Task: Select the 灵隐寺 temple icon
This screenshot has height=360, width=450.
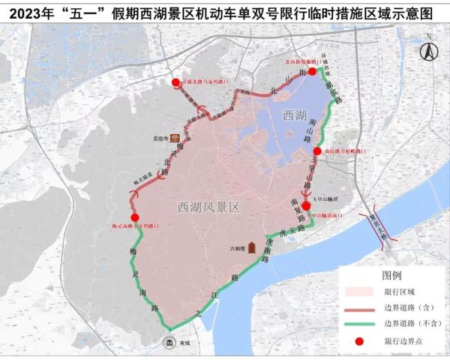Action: click(175, 138)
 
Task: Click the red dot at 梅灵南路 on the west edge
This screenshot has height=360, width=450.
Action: click(135, 217)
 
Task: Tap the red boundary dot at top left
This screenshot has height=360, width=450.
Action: click(175, 82)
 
